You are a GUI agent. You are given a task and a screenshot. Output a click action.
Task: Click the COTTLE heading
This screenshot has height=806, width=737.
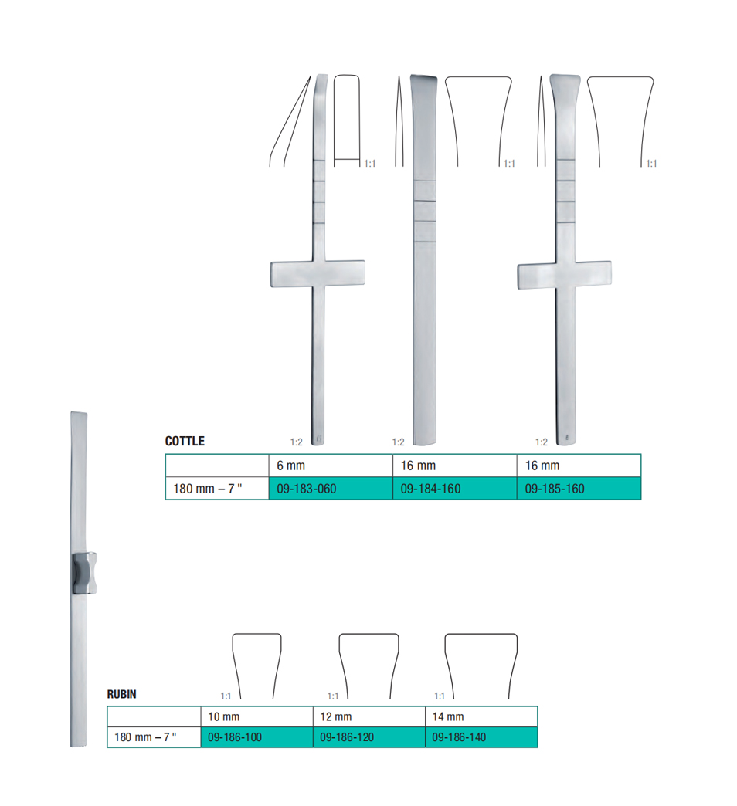pos(185,441)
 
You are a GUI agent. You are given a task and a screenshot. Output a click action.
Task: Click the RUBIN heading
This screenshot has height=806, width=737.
pos(122,694)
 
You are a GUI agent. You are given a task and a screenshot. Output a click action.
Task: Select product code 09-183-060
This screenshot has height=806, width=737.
pos(307,489)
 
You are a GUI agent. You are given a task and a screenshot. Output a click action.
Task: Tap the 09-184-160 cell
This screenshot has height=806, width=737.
pos(430,489)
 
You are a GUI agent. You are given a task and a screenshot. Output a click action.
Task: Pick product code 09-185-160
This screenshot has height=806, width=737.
pos(555,489)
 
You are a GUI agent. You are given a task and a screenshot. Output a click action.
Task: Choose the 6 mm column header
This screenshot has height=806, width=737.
pos(291,466)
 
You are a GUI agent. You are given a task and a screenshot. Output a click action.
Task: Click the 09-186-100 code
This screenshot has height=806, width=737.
pos(235,737)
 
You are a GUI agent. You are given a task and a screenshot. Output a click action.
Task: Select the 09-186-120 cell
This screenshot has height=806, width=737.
pos(347,737)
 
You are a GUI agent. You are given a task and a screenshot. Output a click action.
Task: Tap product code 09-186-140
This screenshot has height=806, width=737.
pos(459,737)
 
